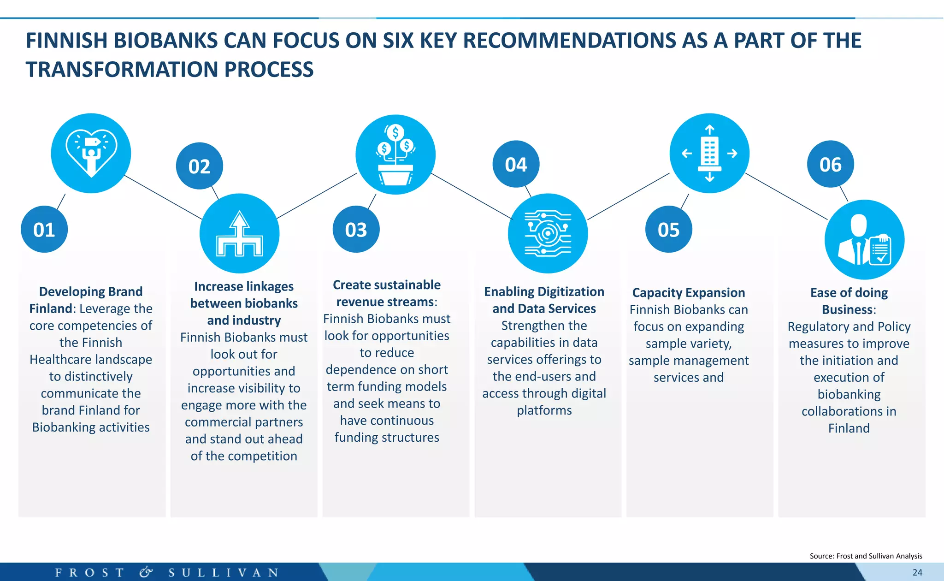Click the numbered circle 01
tap(44, 230)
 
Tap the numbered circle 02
tap(199, 166)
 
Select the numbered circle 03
tap(356, 230)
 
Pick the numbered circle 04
tap(516, 164)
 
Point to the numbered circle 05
tap(668, 230)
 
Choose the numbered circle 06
tap(830, 164)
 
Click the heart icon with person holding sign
tap(91, 153)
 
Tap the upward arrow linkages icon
tap(239, 234)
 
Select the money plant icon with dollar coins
tap(395, 154)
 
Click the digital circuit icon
tap(548, 234)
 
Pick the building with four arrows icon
tap(709, 153)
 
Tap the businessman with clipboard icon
tap(864, 240)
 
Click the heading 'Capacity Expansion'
tap(688, 293)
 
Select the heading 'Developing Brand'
tap(91, 292)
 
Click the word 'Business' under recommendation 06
tap(847, 309)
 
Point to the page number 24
tap(917, 572)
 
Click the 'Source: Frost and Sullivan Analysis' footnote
tap(866, 556)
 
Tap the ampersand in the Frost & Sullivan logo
tap(146, 572)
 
